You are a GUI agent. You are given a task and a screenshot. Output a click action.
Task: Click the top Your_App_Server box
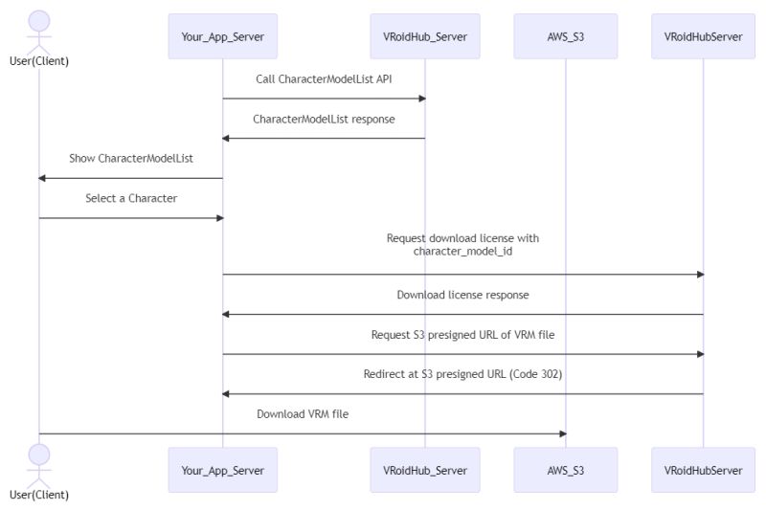pos(222,36)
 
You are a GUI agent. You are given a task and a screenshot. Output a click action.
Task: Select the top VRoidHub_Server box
pos(424,36)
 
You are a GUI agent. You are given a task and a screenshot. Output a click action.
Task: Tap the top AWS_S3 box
pos(565,36)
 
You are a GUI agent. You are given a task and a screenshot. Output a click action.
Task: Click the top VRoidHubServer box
pos(702,36)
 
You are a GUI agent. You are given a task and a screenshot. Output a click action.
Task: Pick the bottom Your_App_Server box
pos(222,470)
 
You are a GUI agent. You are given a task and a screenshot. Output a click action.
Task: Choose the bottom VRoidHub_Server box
pos(424,470)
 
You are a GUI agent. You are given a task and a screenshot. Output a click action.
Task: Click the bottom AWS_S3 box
pos(565,470)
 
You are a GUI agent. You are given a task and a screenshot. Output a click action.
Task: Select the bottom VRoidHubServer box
pos(702,470)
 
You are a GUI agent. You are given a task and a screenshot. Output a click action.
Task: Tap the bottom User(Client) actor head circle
pos(38,453)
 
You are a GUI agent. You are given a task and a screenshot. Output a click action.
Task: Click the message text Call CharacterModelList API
pos(324,79)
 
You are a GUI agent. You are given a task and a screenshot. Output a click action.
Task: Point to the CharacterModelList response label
pos(324,120)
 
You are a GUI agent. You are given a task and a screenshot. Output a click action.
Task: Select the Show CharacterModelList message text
pos(131,159)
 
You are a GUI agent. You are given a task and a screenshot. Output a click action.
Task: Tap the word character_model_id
pos(463,252)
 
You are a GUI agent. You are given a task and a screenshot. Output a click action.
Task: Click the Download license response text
pos(462,295)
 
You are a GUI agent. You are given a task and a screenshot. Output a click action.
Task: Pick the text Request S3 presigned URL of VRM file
pos(462,335)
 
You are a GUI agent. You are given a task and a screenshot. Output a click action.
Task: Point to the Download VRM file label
pos(303,414)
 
